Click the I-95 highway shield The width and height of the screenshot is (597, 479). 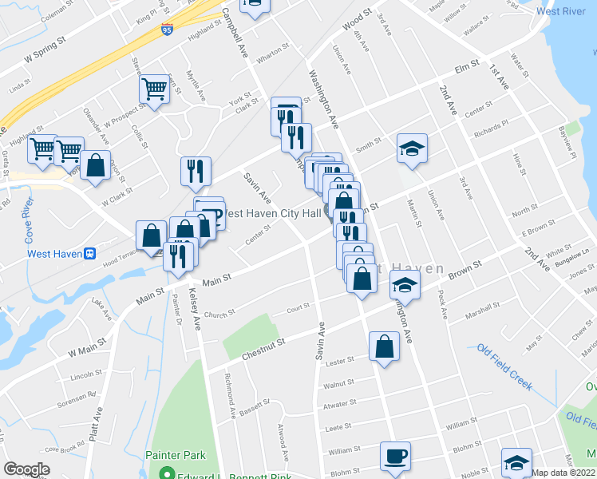[x=166, y=30]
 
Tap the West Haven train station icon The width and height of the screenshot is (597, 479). [x=90, y=253]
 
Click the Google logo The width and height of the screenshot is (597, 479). [x=26, y=469]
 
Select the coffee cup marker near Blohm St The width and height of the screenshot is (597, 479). [x=395, y=457]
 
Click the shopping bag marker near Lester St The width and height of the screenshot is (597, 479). [x=384, y=346]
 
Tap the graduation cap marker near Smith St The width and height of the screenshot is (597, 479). [x=412, y=148]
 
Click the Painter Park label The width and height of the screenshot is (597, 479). [x=176, y=455]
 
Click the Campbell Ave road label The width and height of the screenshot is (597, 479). [x=233, y=32]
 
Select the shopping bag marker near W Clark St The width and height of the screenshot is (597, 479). [x=95, y=166]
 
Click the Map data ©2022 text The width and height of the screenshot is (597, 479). [x=564, y=473]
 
